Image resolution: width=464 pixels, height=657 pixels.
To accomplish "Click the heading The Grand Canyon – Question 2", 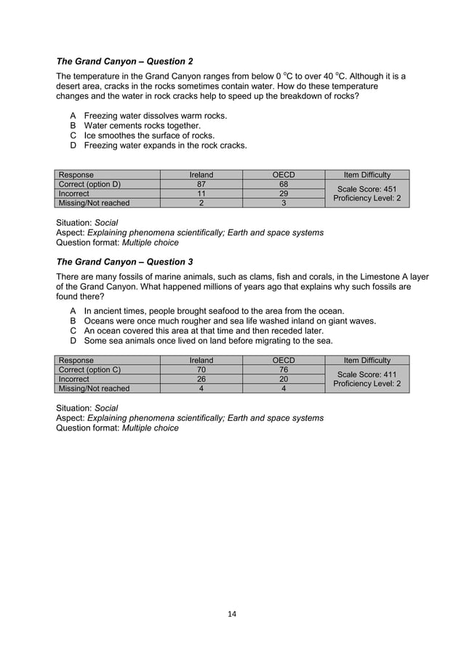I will point(124,61).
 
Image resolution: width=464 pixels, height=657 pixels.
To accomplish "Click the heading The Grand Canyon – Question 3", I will point(124,261).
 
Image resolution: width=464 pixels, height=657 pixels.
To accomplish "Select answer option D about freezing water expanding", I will point(165,145).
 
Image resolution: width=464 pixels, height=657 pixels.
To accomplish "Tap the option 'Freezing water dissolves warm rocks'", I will point(156,116).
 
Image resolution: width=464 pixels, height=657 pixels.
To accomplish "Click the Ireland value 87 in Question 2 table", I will point(201,184).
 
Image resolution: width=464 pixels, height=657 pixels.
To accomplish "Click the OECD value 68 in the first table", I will point(284,184).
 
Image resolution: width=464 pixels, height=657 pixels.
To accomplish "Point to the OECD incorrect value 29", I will point(284,194).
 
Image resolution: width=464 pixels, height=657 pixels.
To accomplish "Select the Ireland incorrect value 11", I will point(201,194).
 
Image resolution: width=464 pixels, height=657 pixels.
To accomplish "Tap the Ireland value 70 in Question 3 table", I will point(201,369).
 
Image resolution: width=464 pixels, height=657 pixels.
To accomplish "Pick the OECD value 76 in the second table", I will point(284,369).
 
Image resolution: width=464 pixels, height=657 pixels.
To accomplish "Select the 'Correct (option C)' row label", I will point(89,369).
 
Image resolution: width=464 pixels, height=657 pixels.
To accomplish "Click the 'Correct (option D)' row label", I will point(89,184).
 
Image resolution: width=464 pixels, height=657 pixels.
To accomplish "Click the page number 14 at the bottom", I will point(232,614).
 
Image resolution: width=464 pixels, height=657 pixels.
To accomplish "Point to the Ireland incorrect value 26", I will point(201,379).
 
